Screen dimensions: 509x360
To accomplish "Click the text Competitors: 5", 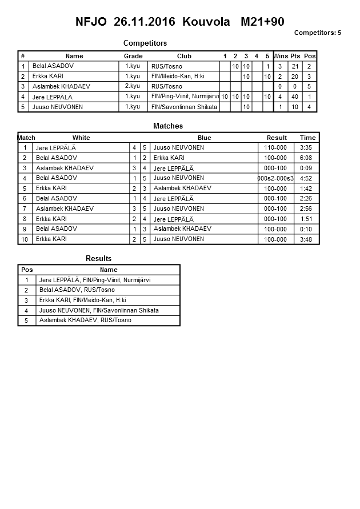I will click(x=317, y=33).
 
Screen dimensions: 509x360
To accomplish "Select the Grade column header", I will click(x=133, y=56).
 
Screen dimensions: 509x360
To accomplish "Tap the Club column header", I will click(x=184, y=56).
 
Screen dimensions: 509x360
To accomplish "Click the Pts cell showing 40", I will click(x=295, y=97).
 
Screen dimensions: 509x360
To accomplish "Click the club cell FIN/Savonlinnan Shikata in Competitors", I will click(x=184, y=107).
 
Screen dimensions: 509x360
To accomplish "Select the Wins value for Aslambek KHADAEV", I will click(x=280, y=87).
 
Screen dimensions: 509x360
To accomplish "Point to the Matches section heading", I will click(x=168, y=126).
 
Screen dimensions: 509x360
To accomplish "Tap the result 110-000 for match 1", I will click(x=275, y=147).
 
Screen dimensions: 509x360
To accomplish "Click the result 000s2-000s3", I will click(x=275, y=178).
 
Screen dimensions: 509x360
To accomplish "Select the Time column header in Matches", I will click(x=307, y=138).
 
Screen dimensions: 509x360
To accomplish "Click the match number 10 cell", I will click(x=25, y=239).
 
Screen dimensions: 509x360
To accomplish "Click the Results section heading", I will click(x=98, y=258).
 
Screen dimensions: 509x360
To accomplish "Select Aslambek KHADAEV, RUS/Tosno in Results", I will click(x=85, y=320).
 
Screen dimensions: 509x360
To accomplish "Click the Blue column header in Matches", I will click(x=204, y=138).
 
